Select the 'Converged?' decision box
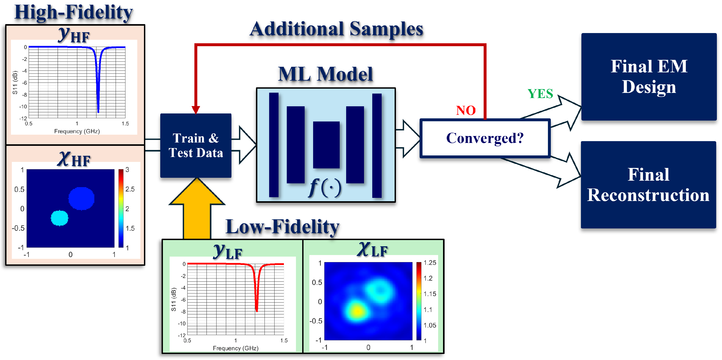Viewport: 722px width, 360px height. click(485, 138)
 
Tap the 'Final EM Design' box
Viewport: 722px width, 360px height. click(649, 77)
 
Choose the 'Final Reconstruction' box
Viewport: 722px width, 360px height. click(648, 185)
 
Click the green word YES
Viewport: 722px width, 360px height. click(540, 94)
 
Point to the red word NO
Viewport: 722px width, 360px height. click(466, 111)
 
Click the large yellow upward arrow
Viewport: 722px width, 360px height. click(197, 208)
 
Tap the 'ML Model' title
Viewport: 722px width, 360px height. click(325, 74)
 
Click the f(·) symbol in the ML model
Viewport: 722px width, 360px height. click(325, 188)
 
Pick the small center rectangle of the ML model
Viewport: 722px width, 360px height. click(326, 145)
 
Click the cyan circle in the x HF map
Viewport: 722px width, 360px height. click(59, 218)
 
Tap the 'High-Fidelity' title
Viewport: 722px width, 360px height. click(73, 13)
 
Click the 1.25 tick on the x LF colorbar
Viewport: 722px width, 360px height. click(430, 263)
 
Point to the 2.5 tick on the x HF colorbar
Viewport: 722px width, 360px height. click(130, 189)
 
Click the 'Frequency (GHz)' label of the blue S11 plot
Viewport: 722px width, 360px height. click(77, 131)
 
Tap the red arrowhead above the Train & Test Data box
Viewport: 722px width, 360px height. click(196, 110)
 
